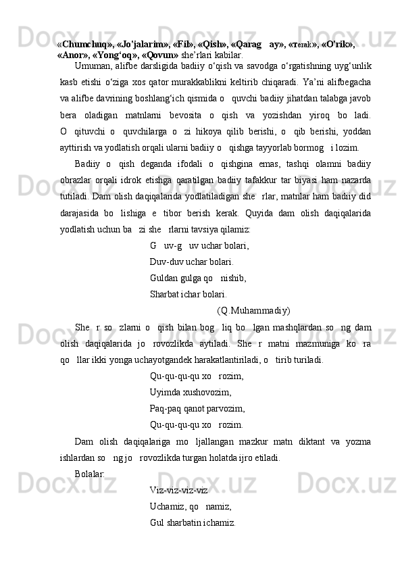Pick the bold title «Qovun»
(159, 54)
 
